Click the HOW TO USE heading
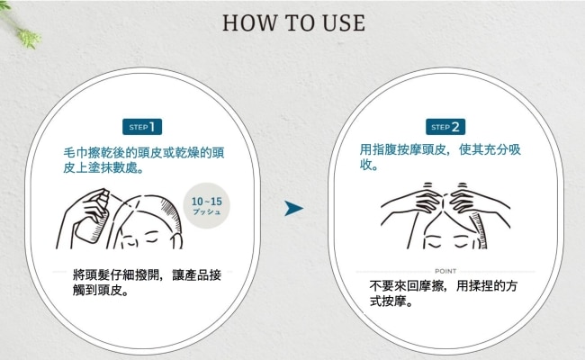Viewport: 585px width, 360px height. pyautogui.click(x=293, y=23)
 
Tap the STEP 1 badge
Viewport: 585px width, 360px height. pyautogui.click(x=142, y=127)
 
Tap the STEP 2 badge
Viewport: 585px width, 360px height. pyautogui.click(x=445, y=127)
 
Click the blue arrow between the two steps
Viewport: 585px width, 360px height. pyautogui.click(x=293, y=208)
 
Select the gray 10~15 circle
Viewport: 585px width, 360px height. pyautogui.click(x=207, y=205)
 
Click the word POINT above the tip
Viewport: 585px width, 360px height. pyautogui.click(x=445, y=271)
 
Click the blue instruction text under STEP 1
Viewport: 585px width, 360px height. pyautogui.click(x=144, y=160)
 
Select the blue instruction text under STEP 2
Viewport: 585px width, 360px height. pyautogui.click(x=440, y=157)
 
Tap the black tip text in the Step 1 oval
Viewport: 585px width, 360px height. pyautogui.click(x=147, y=283)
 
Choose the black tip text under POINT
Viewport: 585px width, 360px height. pyautogui.click(x=443, y=293)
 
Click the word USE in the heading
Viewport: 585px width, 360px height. pyautogui.click(x=344, y=23)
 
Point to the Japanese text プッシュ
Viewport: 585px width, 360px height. pyautogui.click(x=207, y=211)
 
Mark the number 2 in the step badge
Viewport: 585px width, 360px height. pyautogui.click(x=455, y=127)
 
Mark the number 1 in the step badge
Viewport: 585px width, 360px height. pyautogui.click(x=152, y=127)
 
